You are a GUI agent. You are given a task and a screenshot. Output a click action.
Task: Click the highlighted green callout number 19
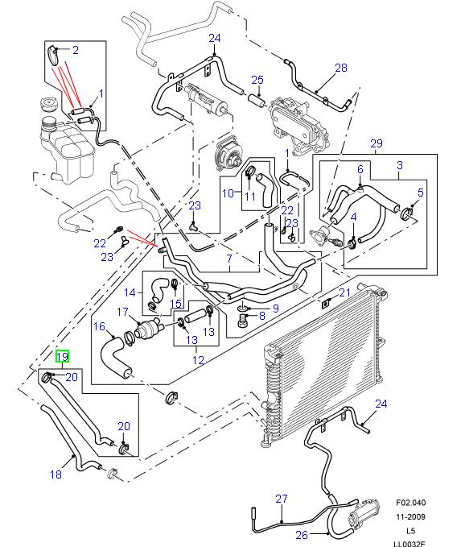62,355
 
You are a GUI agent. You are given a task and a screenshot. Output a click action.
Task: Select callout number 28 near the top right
340,68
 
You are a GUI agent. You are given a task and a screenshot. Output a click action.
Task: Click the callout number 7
228,259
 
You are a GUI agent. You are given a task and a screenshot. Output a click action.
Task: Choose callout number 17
123,312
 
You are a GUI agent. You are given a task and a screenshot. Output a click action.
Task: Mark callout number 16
99,327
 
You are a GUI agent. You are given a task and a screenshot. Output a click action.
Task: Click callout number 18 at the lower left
56,474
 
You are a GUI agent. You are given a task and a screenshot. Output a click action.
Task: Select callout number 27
281,499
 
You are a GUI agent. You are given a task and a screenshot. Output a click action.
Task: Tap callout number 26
302,534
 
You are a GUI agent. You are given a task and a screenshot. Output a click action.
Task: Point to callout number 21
343,292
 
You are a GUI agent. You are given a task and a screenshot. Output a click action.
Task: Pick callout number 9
275,306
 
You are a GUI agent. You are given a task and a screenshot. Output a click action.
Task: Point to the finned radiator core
322,367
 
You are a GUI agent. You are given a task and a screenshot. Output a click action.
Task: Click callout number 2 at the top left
75,51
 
